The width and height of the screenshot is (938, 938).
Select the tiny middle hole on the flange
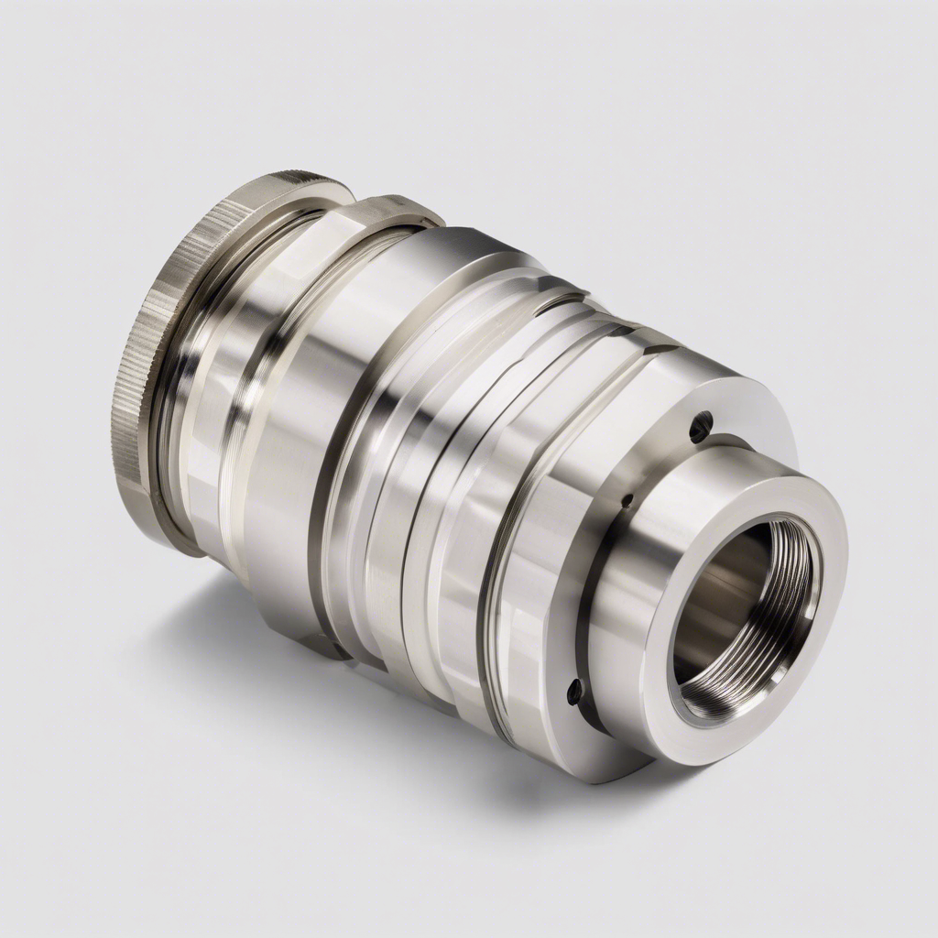tap(627, 501)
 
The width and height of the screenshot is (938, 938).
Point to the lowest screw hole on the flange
tap(574, 692)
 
